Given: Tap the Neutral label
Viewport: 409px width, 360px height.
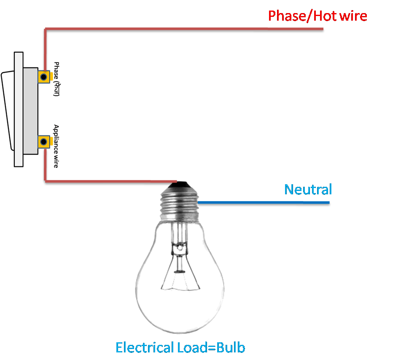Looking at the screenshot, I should (308, 190).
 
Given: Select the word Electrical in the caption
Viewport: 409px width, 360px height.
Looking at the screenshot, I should (144, 348).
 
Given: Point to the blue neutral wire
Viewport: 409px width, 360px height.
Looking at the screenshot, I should (261, 203).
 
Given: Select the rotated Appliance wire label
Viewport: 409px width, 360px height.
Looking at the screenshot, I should (56, 146).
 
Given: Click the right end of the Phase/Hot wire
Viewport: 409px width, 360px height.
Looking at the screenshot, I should (323, 30).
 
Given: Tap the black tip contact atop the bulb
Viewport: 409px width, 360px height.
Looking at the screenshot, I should (179, 183).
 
